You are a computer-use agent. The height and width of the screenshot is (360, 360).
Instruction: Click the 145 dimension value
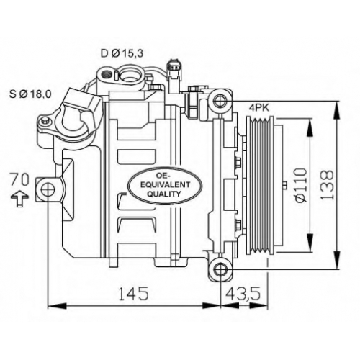point(133,293)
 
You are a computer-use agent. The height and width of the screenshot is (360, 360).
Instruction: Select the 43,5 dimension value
point(243,293)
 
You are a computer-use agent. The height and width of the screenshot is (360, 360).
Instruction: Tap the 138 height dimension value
point(327,185)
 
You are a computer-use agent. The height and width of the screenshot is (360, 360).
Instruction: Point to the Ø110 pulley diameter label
point(300,185)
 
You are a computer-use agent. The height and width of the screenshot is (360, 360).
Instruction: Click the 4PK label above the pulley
point(259,108)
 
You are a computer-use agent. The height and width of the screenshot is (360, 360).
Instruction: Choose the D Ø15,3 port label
point(122,53)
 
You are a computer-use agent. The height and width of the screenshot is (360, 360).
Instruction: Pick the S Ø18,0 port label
point(30,94)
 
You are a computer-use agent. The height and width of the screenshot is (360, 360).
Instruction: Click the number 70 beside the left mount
point(19,180)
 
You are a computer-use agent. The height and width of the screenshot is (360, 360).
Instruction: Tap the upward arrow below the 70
point(19,199)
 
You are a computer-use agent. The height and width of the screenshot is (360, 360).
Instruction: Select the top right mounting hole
point(220,101)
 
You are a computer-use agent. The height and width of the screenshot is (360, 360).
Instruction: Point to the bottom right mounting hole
point(220,269)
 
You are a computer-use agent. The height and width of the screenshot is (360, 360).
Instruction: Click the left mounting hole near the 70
point(48,189)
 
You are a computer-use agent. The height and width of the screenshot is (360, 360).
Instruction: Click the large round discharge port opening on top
point(131,73)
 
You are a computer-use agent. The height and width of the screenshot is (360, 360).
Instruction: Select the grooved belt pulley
point(261,185)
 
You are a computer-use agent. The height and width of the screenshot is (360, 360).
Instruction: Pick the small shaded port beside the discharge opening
point(107,74)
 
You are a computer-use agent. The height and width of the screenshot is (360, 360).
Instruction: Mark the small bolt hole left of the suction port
point(44,121)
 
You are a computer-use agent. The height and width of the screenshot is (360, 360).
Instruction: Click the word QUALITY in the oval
point(163,194)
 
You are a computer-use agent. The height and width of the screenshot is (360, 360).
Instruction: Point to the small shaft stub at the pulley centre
point(285,185)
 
